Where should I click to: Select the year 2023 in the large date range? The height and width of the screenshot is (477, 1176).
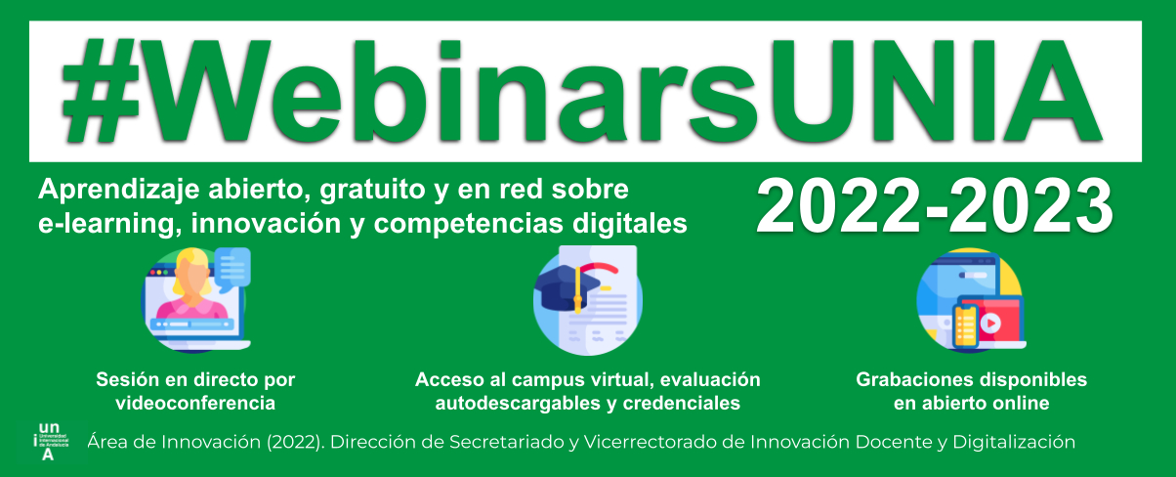[1030, 206]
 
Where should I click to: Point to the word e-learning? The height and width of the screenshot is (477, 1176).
[106, 224]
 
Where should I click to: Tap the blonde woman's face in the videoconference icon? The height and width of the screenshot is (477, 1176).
[192, 276]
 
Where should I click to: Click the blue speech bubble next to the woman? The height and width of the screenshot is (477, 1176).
[232, 269]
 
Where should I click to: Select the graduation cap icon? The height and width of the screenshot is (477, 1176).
[567, 288]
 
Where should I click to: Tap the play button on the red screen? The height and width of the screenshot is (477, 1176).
[990, 324]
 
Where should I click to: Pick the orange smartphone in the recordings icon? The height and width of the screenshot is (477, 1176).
[966, 326]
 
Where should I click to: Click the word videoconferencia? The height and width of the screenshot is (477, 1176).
[195, 404]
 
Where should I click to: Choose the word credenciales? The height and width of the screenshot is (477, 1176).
[682, 404]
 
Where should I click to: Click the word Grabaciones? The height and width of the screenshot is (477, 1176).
[915, 380]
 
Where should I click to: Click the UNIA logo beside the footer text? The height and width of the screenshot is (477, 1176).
[51, 442]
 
